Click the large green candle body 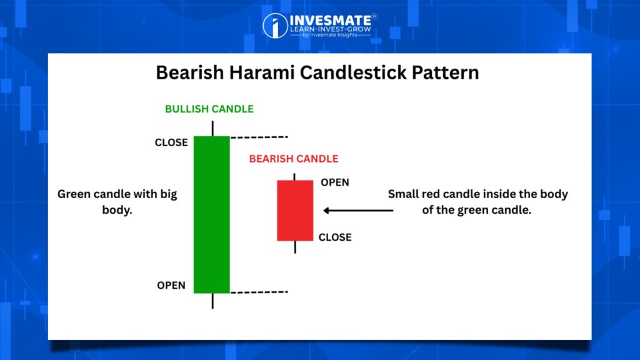tap(211, 215)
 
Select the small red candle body tap(295, 211)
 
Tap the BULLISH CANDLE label tap(209, 109)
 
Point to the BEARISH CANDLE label tap(294, 159)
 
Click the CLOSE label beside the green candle tap(171, 142)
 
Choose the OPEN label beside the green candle tap(171, 285)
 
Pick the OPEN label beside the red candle tap(335, 182)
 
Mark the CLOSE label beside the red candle tap(335, 237)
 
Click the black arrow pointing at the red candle tap(358, 211)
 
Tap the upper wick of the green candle tap(212, 129)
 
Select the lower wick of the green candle tap(212, 301)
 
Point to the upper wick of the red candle tap(295, 177)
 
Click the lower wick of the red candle tap(295, 247)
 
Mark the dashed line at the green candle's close tap(259, 137)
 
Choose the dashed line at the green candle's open tap(259, 292)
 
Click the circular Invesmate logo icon tap(275, 26)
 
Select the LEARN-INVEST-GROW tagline tap(331, 29)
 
